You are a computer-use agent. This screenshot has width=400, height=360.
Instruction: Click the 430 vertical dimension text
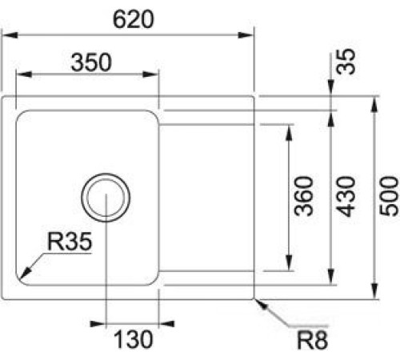tap(346, 196)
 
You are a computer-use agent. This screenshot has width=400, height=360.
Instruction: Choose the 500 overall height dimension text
tap(390, 196)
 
